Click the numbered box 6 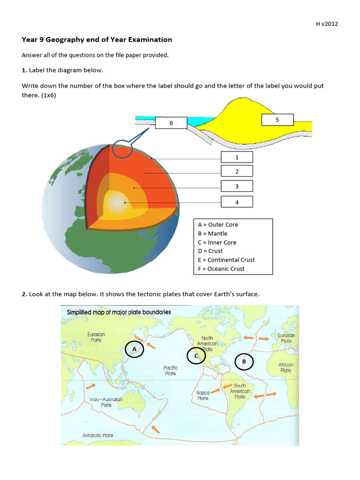click(x=171, y=123)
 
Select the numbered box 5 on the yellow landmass click(x=277, y=120)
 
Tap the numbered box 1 click(x=237, y=157)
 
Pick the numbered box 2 click(x=237, y=171)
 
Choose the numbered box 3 click(x=237, y=186)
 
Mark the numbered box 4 click(x=237, y=202)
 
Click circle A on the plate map click(x=135, y=349)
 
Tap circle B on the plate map click(x=244, y=362)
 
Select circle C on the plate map click(x=196, y=356)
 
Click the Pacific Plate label click(x=170, y=371)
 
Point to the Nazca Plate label click(x=202, y=395)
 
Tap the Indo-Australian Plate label click(x=106, y=402)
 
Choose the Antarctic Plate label click(x=98, y=435)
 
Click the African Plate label click(x=285, y=367)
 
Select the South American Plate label click(x=240, y=391)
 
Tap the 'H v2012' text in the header click(x=326, y=24)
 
